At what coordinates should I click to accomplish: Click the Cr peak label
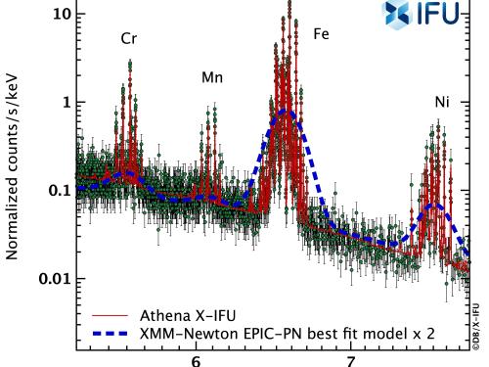pos(127,40)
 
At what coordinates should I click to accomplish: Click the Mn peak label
pos(212,76)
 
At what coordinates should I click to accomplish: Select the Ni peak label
pos(443,102)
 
